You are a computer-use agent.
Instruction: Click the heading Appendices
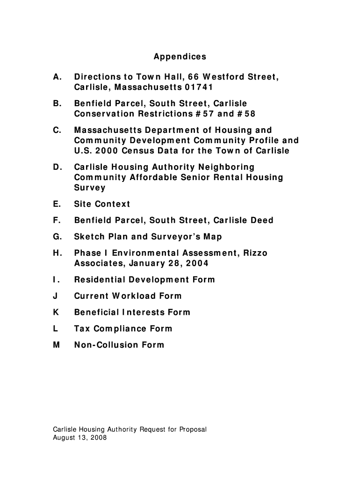tap(180, 57)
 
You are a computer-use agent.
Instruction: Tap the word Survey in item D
tap(89, 188)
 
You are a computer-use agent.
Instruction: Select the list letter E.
tap(56, 204)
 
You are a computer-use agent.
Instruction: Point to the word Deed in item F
tap(262, 220)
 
